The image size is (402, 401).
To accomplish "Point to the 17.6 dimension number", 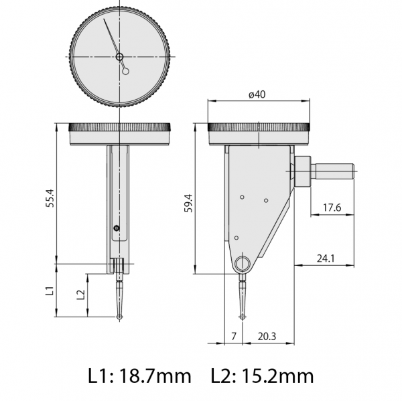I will (332, 208).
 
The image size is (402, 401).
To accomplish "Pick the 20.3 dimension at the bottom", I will (266, 336).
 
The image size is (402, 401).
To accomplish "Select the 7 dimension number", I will (233, 336).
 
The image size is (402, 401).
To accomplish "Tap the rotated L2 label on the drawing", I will (80, 295).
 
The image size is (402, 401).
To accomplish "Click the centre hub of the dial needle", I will (120, 57).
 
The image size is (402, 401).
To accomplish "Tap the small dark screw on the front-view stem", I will (115, 229).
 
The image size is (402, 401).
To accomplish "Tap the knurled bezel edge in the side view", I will (259, 127).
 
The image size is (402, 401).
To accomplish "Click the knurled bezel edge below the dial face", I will (120, 127).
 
